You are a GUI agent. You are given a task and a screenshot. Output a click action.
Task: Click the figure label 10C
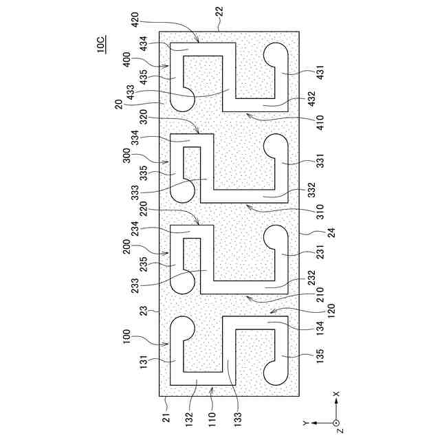click(x=101, y=46)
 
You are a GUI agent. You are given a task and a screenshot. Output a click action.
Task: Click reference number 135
click(x=315, y=356)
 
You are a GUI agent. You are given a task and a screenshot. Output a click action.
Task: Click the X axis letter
click(x=336, y=395)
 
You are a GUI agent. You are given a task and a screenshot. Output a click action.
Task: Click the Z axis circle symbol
click(x=336, y=422)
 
